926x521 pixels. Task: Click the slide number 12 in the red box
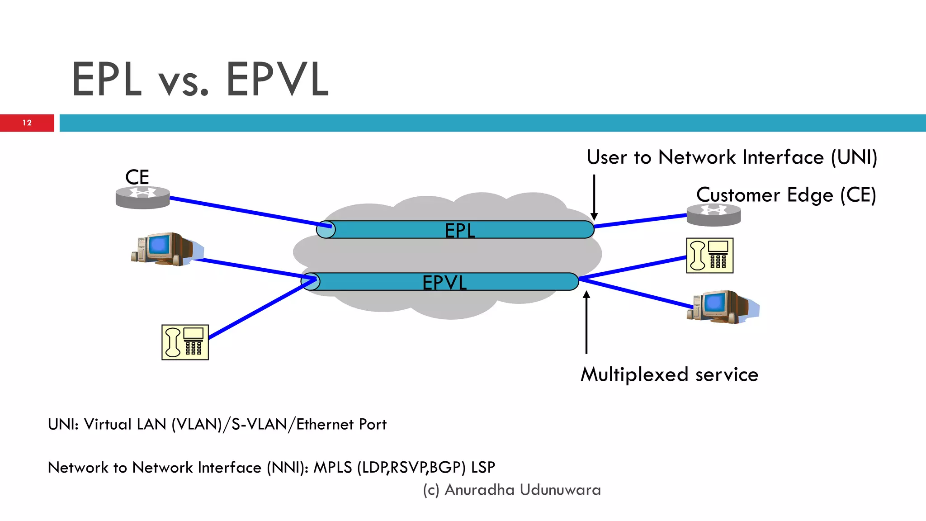(27, 123)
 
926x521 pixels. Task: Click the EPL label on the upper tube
(459, 231)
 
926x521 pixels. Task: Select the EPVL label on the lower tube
(444, 283)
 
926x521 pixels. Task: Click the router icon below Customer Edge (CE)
(713, 215)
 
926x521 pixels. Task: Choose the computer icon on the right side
(721, 307)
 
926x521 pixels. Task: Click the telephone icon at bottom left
(185, 342)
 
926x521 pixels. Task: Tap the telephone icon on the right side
(709, 256)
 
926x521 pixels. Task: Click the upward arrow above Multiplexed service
(586, 322)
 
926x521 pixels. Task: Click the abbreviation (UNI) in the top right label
(854, 157)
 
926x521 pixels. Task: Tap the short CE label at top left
(137, 177)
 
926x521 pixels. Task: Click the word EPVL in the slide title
(277, 80)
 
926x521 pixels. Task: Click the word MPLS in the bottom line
(332, 467)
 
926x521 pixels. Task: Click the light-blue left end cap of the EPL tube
(326, 230)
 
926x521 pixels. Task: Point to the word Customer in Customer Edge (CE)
(738, 195)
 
